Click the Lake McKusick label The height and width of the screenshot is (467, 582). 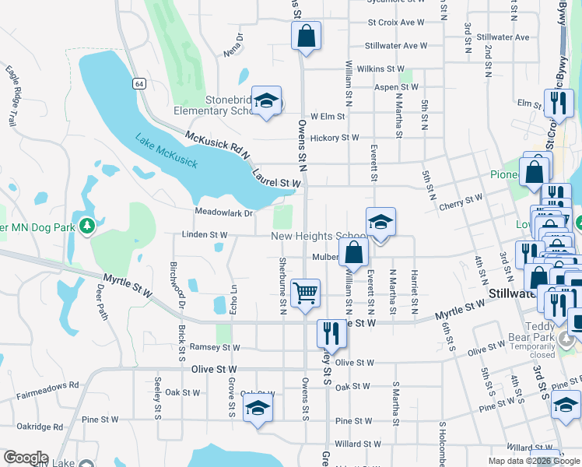click(166, 151)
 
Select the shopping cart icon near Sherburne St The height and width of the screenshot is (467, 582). click(306, 293)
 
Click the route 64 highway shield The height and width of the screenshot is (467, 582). click(138, 83)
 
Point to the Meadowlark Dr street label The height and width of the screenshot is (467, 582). click(224, 213)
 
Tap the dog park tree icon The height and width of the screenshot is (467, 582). click(87, 225)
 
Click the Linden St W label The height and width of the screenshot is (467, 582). click(204, 234)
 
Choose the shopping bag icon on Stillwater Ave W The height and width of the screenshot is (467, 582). click(307, 35)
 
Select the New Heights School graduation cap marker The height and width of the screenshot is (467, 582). click(380, 222)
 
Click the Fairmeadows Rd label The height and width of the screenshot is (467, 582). click(47, 384)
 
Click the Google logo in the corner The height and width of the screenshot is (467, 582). click(25, 458)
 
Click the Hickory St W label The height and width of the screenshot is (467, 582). click(334, 138)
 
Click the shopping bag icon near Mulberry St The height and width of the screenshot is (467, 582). click(353, 252)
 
